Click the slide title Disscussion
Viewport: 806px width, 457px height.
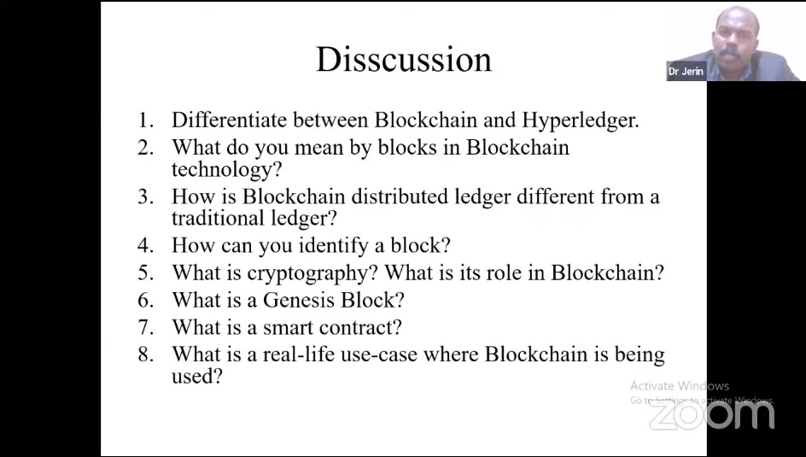404,59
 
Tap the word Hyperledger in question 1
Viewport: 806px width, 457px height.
581,120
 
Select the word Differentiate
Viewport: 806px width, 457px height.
230,120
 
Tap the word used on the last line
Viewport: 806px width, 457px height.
197,377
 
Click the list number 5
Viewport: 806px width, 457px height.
146,273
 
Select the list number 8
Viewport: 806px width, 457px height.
146,354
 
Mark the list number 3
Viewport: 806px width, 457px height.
146,196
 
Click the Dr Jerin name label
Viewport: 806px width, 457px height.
686,72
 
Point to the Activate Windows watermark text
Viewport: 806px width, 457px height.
680,385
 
